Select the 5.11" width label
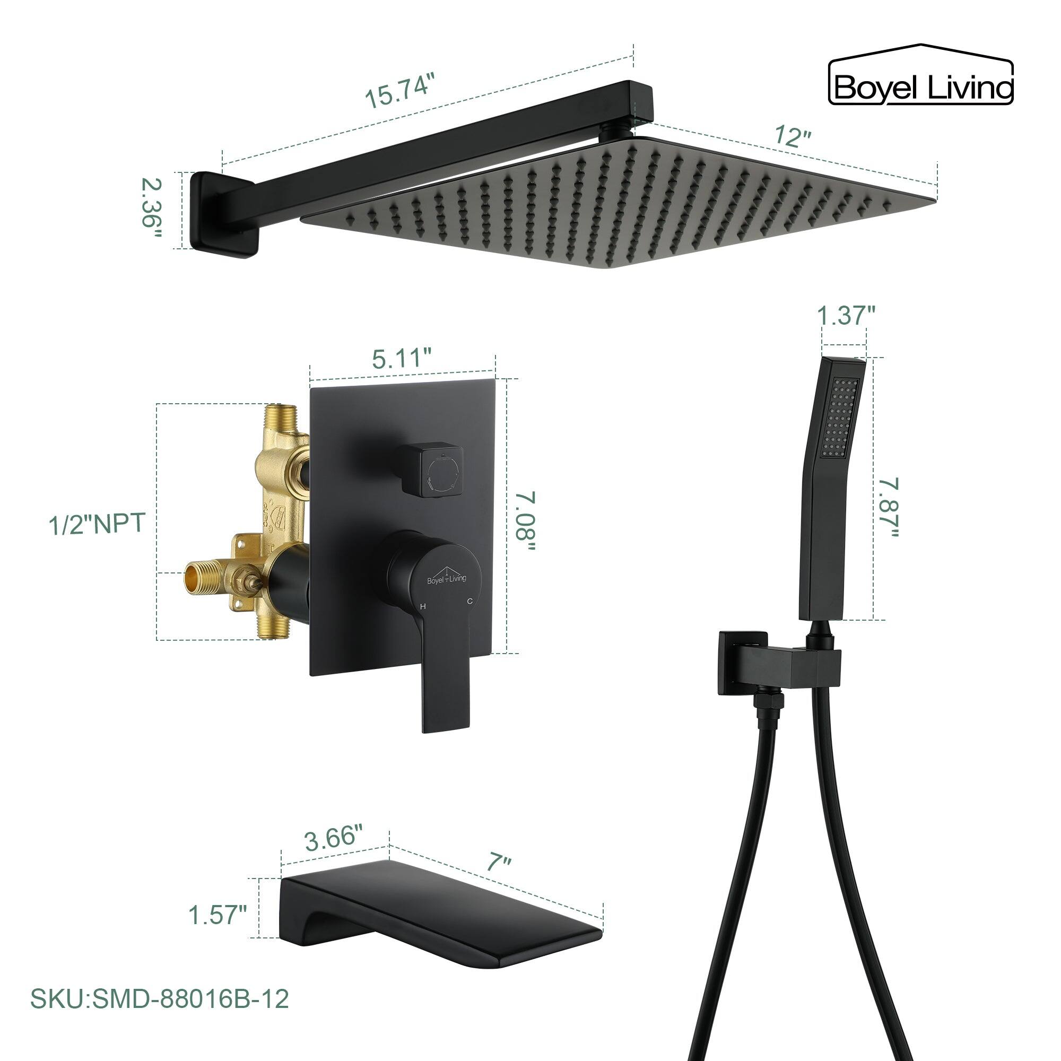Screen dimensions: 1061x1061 click(401, 359)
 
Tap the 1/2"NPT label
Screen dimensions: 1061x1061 click(97, 524)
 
